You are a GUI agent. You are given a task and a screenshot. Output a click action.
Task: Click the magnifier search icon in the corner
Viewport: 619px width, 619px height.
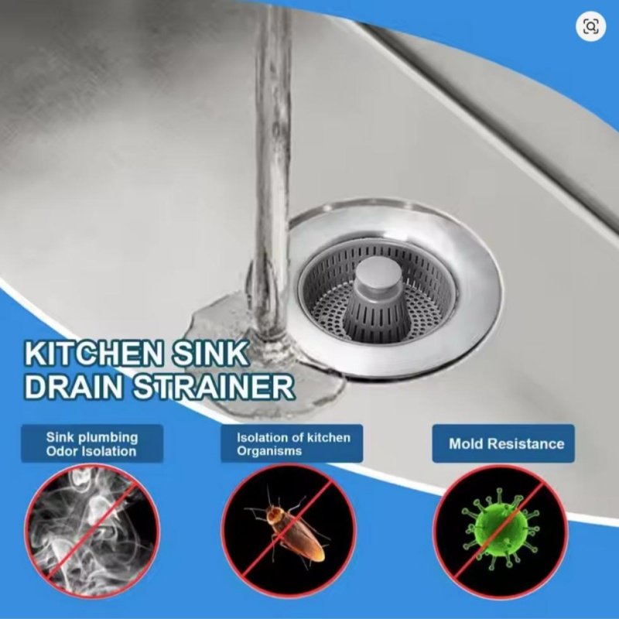coord(590,26)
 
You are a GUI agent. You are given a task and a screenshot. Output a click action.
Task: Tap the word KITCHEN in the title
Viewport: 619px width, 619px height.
coord(94,354)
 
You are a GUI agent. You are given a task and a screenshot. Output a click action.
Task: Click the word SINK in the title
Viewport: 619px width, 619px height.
coord(210,354)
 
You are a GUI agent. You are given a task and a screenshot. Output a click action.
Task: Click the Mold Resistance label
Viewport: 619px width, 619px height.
coord(504,443)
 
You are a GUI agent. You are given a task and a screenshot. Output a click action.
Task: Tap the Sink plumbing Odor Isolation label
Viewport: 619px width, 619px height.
coord(92,443)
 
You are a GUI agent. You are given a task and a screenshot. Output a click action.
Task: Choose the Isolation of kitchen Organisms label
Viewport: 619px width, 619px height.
coord(292,443)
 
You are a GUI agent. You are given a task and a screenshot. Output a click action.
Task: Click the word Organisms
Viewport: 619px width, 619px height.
coord(269,451)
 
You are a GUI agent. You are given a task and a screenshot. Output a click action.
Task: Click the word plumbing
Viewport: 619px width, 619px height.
coord(108,438)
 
